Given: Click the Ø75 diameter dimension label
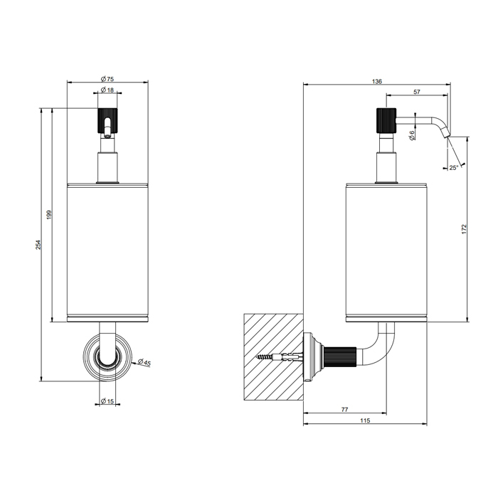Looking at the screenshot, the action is [x=107, y=79].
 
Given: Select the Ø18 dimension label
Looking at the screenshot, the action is [x=107, y=90].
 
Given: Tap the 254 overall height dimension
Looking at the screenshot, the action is [x=38, y=245].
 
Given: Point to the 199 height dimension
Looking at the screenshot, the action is [x=49, y=215].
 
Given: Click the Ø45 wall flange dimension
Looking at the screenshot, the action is [x=144, y=362].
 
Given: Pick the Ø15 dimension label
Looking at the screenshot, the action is [x=107, y=401].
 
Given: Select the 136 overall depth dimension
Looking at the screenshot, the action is [x=376, y=82].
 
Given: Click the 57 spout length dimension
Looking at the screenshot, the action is [x=417, y=92].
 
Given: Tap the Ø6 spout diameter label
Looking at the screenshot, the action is [x=412, y=135].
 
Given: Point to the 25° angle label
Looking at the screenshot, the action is [x=454, y=168].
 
